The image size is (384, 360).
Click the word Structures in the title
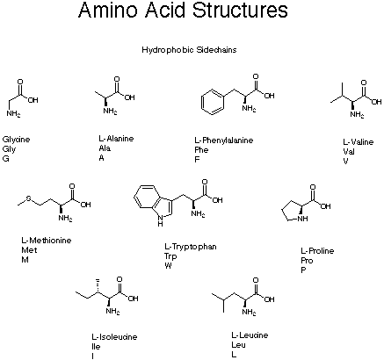click(x=240, y=10)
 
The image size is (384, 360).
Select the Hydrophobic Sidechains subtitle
click(x=189, y=50)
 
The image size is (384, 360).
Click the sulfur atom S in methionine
click(x=29, y=198)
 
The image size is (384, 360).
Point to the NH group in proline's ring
click(x=302, y=219)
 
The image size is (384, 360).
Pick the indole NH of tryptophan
click(x=160, y=220)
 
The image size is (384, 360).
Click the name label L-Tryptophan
click(x=191, y=247)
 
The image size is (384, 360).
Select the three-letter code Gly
click(x=9, y=149)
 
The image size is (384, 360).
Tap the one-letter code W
click(x=168, y=266)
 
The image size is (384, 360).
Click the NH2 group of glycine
click(x=13, y=113)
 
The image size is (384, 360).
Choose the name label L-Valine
click(x=359, y=142)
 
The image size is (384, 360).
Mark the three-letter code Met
click(x=29, y=250)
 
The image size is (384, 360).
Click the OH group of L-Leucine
click(x=269, y=299)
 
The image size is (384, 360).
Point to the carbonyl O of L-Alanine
click(x=117, y=79)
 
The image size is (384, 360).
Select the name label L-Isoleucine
click(x=114, y=337)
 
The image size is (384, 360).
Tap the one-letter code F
click(x=197, y=160)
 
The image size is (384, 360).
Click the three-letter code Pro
click(x=307, y=261)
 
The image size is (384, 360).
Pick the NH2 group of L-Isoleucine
click(x=112, y=311)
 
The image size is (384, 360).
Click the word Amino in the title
click(x=108, y=10)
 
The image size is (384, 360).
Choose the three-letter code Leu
click(x=238, y=345)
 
